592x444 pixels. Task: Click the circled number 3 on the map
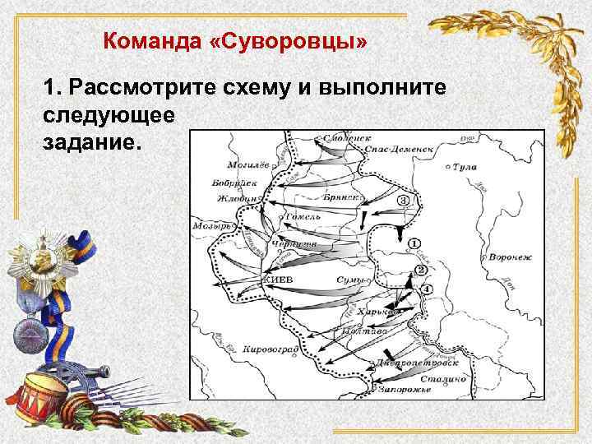point(403,200)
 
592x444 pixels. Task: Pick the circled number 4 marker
point(426,289)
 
